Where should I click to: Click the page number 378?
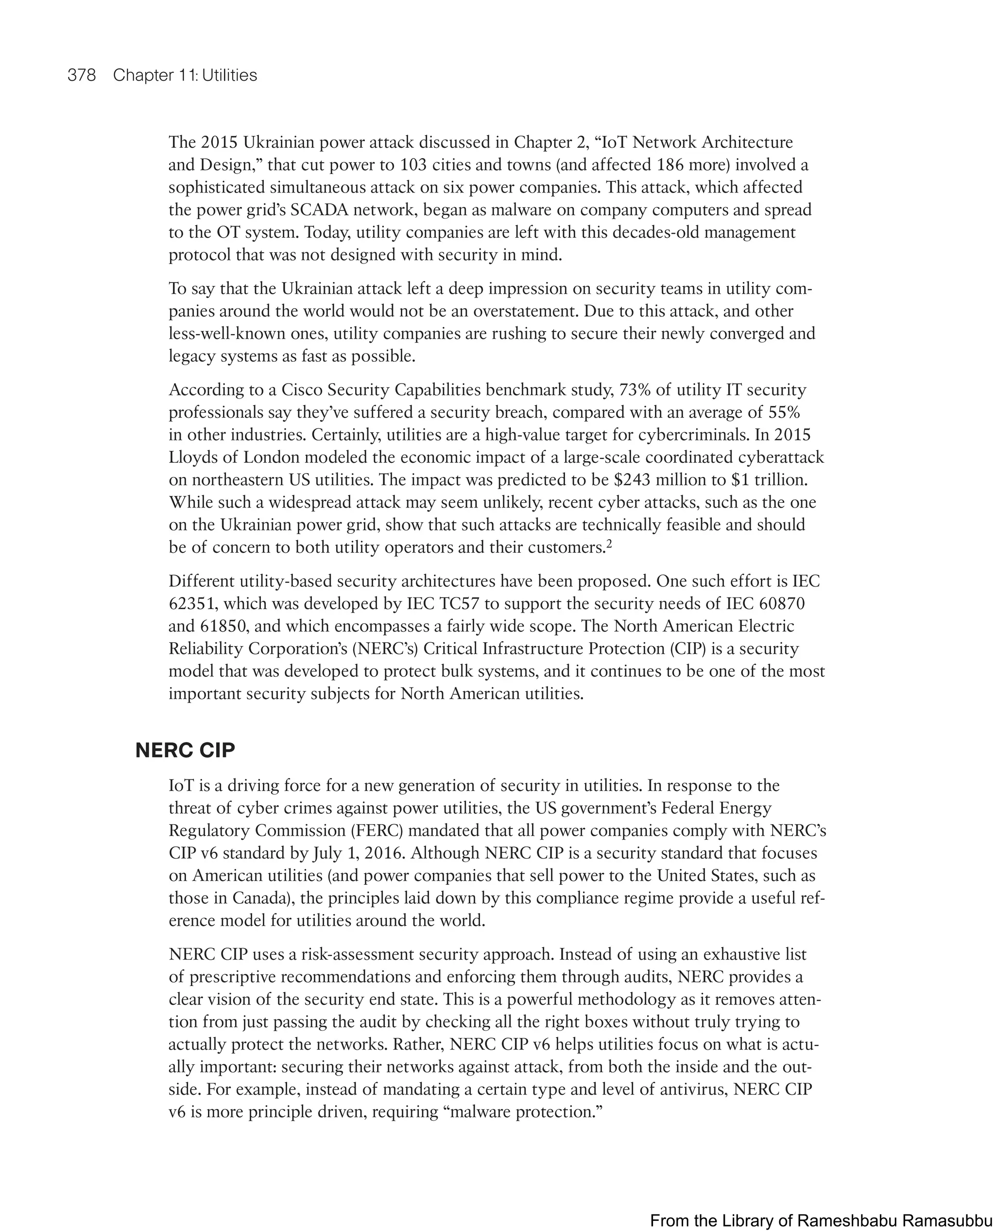82,75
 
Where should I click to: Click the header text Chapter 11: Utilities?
185,75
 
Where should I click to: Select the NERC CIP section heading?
185,750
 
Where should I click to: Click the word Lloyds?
193,457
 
